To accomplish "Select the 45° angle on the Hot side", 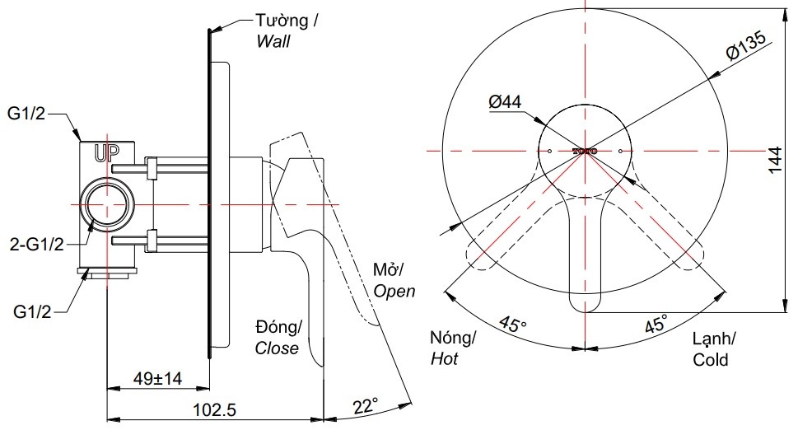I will pyautogui.click(x=512, y=325).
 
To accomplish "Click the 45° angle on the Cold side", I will pyautogui.click(x=656, y=324).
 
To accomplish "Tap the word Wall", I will pyautogui.click(x=273, y=41).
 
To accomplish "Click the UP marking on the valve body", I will pyautogui.click(x=106, y=152).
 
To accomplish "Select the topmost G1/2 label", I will pyautogui.click(x=26, y=115).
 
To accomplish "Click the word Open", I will pyautogui.click(x=394, y=291).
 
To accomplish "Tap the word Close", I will pyautogui.click(x=277, y=348).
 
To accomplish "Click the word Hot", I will pyautogui.click(x=444, y=359).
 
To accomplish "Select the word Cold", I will pyautogui.click(x=710, y=360).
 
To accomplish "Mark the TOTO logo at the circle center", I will pyautogui.click(x=586, y=151).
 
